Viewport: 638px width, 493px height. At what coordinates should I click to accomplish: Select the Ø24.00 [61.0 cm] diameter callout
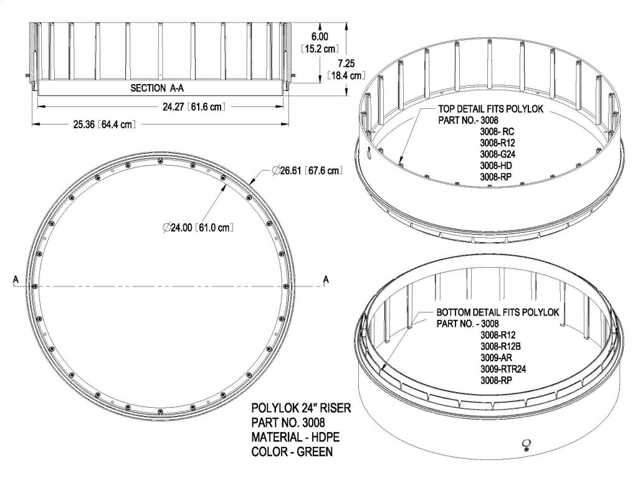click(x=198, y=228)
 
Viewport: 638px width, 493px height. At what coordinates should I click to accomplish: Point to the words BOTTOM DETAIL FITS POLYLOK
click(x=497, y=312)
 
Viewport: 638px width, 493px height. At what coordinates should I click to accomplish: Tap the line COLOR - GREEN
click(x=292, y=452)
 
